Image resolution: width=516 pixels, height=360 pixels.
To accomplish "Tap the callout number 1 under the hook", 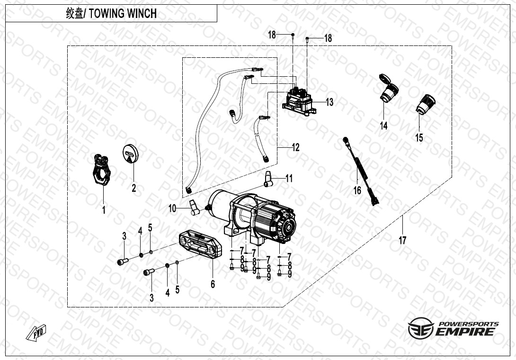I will (x=104, y=210).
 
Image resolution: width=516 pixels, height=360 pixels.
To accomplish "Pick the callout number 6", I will (x=213, y=284).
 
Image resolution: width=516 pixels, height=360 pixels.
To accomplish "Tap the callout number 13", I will (x=329, y=102).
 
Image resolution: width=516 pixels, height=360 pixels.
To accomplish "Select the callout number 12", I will (x=295, y=148).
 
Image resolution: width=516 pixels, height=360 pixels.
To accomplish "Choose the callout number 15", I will (x=419, y=138).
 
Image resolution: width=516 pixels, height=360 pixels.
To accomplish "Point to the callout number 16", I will (x=357, y=190).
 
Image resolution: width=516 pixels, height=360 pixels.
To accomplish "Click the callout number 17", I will (x=402, y=241).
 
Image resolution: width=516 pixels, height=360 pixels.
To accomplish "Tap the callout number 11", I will (x=289, y=179).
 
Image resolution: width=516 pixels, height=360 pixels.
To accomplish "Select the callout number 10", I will (x=172, y=208).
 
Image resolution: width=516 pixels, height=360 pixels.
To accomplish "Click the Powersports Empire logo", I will (x=453, y=328).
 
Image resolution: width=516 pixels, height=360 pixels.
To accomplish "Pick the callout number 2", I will (x=134, y=188).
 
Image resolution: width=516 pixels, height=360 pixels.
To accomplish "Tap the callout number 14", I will (x=383, y=126).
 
